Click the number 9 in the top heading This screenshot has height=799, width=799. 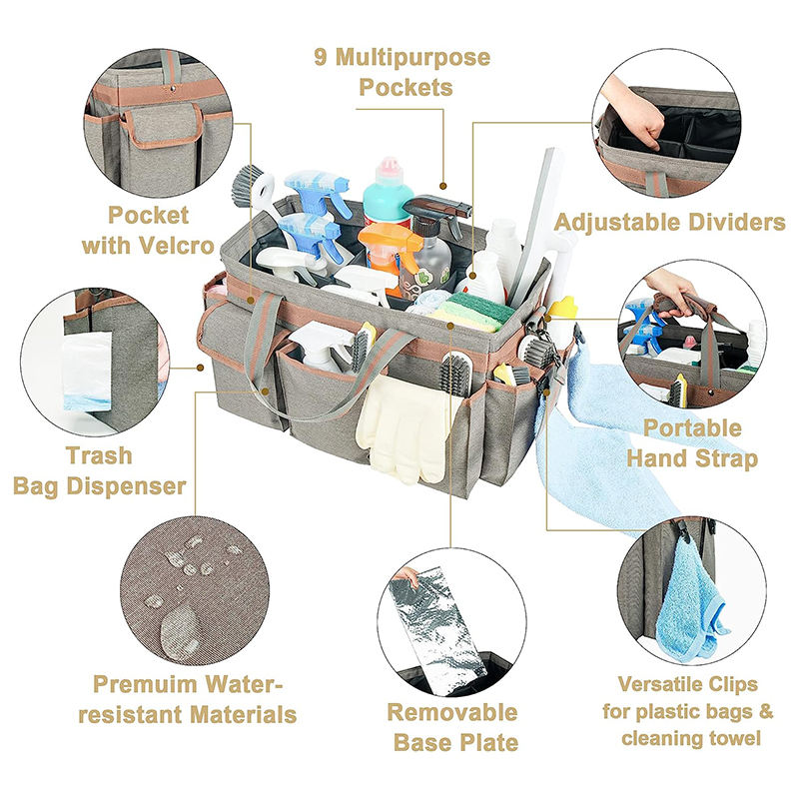pyautogui.click(x=320, y=57)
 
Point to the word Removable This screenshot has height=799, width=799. pyautogui.click(x=452, y=712)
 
